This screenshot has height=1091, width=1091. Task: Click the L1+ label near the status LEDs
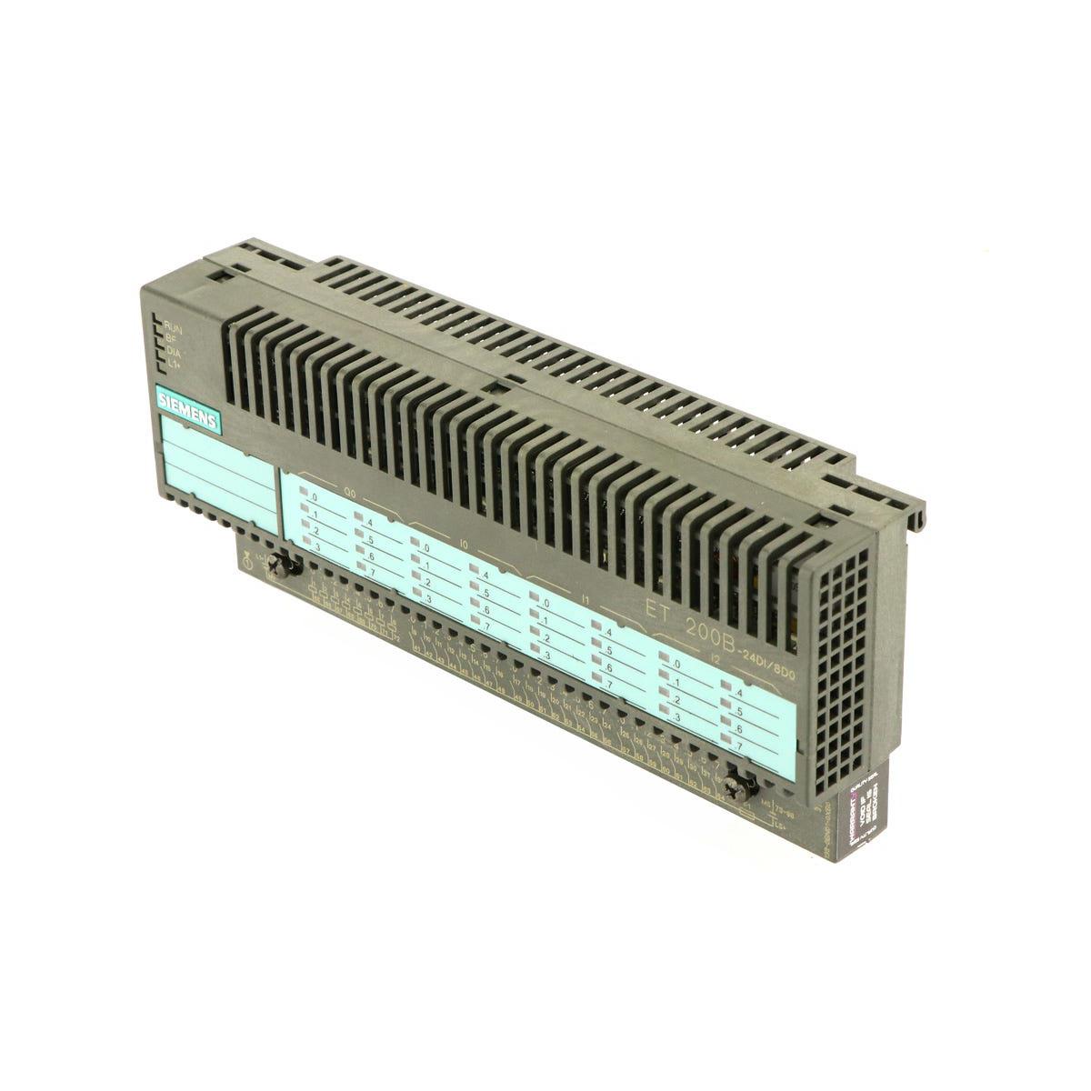pyautogui.click(x=173, y=365)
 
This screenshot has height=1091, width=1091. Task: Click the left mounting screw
pyautogui.click(x=290, y=566)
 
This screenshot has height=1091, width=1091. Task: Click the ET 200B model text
pyautogui.click(x=691, y=619)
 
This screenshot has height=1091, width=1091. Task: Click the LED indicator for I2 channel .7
pyautogui.click(x=726, y=743)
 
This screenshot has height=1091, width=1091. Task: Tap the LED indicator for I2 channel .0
pyautogui.click(x=666, y=661)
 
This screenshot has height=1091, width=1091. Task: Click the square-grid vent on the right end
pyautogui.click(x=841, y=673)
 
